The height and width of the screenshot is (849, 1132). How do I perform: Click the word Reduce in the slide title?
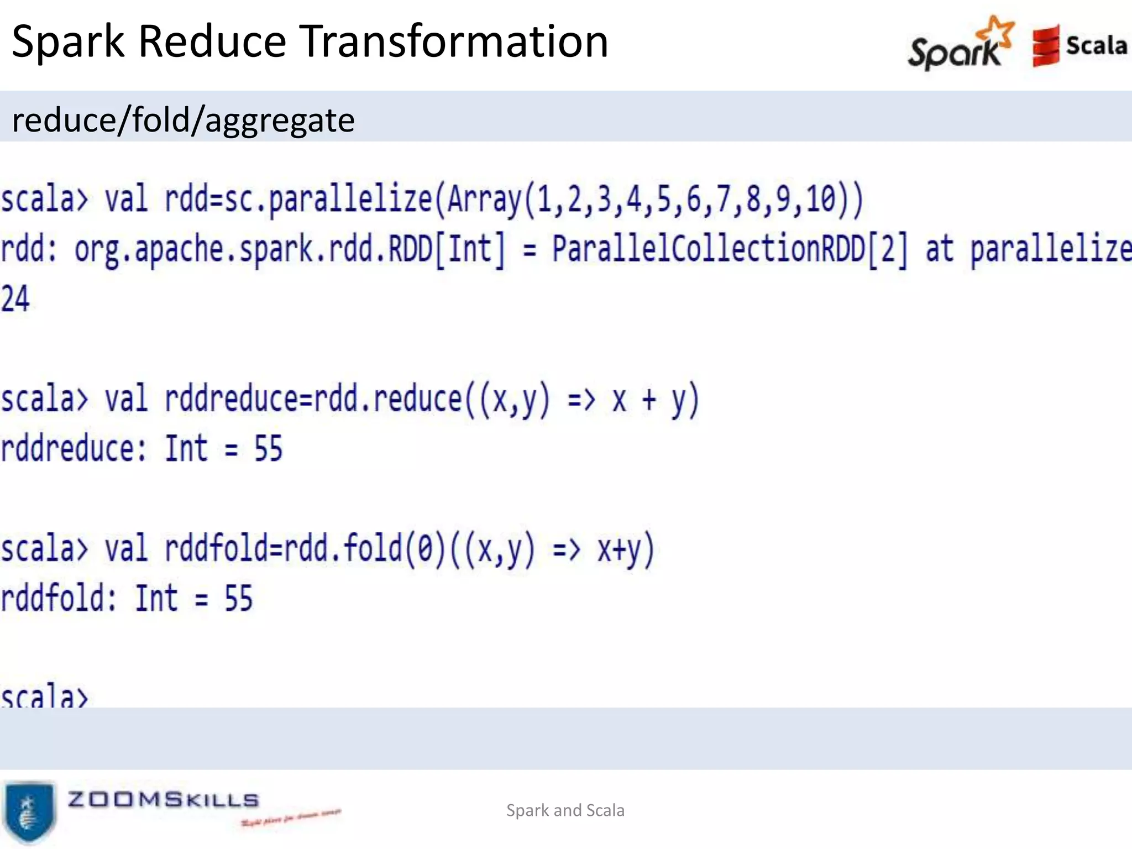tap(212, 41)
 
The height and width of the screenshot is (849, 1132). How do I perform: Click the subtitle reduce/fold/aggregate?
tap(183, 120)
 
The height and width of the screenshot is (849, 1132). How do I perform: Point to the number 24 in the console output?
tap(15, 299)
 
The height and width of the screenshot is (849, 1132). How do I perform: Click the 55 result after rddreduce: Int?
tap(268, 448)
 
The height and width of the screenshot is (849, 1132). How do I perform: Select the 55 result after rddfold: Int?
tap(238, 598)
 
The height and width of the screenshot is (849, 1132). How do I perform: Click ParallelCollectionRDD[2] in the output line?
tap(730, 249)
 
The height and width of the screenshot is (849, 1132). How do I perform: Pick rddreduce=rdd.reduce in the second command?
tap(313, 399)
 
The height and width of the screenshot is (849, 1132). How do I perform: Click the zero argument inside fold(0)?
tap(425, 549)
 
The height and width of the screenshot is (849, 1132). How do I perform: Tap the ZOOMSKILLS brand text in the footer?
tap(163, 800)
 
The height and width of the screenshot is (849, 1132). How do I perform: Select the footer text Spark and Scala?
tap(565, 810)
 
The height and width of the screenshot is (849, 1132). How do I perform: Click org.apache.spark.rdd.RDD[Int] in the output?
tap(290, 249)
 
